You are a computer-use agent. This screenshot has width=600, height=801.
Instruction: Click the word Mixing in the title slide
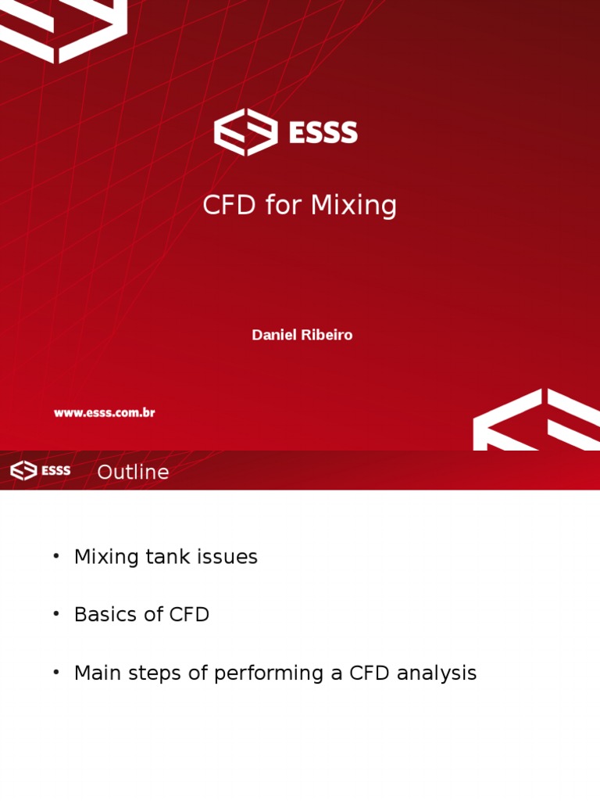point(353,206)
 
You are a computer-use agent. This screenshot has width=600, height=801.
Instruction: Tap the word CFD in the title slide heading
point(229,205)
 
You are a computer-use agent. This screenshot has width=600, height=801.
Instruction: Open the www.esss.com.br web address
point(105,413)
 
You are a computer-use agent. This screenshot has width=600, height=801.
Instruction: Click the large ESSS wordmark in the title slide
point(323,132)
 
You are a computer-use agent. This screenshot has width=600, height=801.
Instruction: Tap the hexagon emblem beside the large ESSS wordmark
point(246,131)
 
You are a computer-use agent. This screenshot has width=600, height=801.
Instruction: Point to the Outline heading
point(133,472)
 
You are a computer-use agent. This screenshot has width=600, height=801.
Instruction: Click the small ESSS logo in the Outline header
point(41,470)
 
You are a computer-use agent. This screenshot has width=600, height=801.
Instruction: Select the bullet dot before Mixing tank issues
point(56,556)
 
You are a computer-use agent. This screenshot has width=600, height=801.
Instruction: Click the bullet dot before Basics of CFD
point(56,613)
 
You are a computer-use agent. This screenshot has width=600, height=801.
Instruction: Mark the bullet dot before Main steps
point(56,672)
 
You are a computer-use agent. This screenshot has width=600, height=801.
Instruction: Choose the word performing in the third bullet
point(269,673)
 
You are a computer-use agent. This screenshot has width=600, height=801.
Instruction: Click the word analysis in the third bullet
point(436,673)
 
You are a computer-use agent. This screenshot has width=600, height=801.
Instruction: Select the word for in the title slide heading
point(283,205)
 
